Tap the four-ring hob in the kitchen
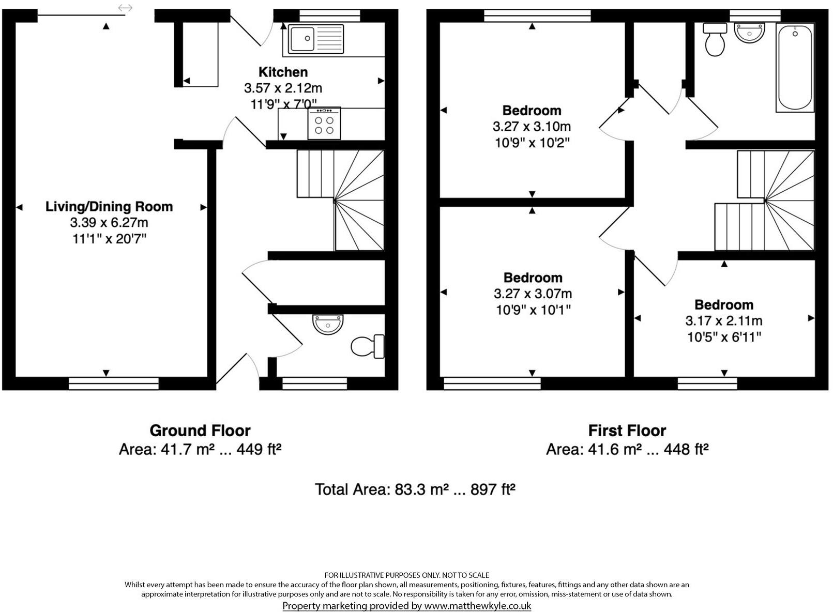click(324, 124)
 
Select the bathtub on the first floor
click(795, 67)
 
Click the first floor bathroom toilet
click(715, 39)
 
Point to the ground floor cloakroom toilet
click(368, 346)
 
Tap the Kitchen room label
click(283, 72)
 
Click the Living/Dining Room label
click(109, 206)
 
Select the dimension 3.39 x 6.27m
click(109, 223)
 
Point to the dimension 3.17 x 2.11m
click(724, 321)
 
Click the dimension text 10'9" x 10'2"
click(532, 143)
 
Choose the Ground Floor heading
click(200, 431)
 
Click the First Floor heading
click(627, 431)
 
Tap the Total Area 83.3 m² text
click(415, 489)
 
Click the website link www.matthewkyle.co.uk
click(477, 606)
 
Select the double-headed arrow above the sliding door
click(125, 7)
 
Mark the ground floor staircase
click(340, 200)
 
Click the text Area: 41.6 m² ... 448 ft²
click(627, 450)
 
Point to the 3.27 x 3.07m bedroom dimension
click(533, 294)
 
